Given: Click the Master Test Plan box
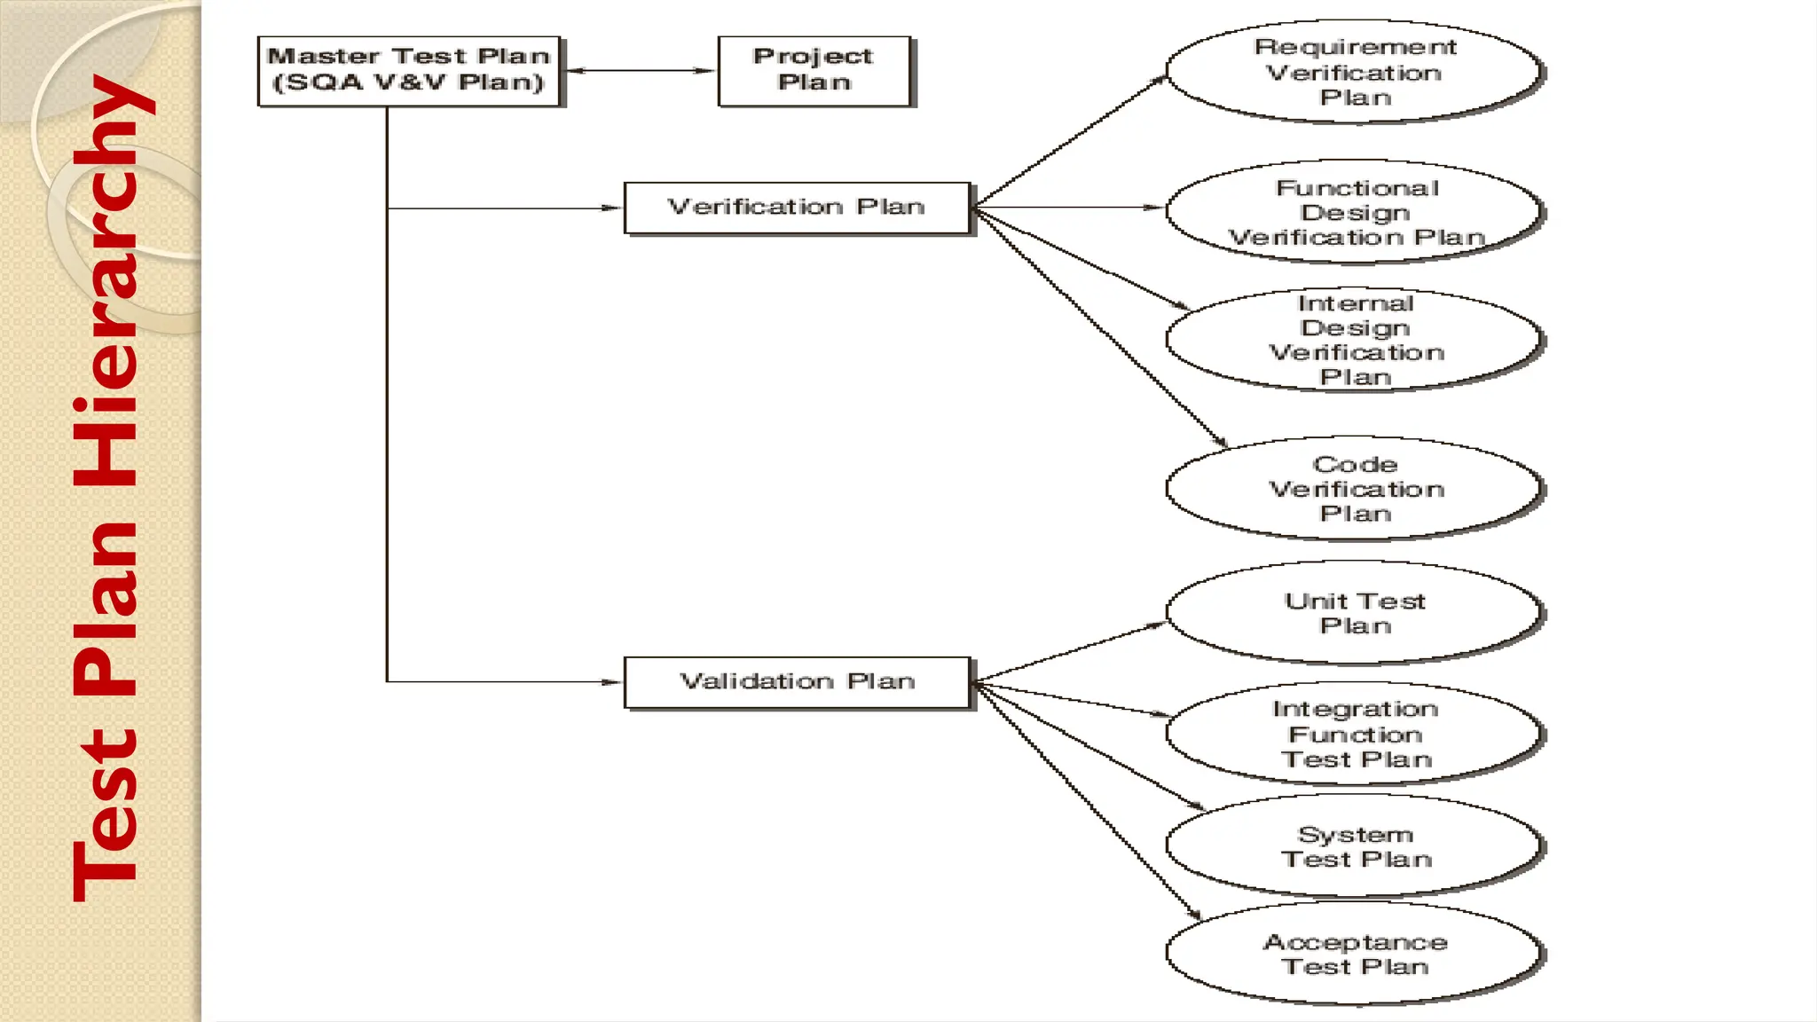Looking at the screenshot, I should click(409, 71).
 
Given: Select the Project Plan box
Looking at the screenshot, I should click(814, 71).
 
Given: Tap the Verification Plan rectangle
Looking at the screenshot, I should click(797, 208).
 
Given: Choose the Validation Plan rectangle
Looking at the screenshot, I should click(797, 682).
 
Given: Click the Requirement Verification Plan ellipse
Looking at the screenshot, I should click(1354, 71).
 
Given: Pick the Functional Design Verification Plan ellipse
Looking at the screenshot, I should click(1354, 212).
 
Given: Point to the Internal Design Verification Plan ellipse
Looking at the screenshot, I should click(1354, 340).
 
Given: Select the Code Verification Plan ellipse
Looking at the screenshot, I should click(1354, 489).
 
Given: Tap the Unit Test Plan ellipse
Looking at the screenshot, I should click(1354, 612).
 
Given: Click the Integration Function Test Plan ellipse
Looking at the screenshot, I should click(1354, 734).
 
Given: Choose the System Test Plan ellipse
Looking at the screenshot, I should click(1354, 846).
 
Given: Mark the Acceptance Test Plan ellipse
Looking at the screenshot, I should click(1354, 954).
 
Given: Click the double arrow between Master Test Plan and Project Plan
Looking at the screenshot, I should click(639, 71).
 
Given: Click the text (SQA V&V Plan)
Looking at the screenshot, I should click(408, 83).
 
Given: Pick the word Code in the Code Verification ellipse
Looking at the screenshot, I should click(1355, 464).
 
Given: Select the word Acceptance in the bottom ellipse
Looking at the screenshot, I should click(1355, 942).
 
